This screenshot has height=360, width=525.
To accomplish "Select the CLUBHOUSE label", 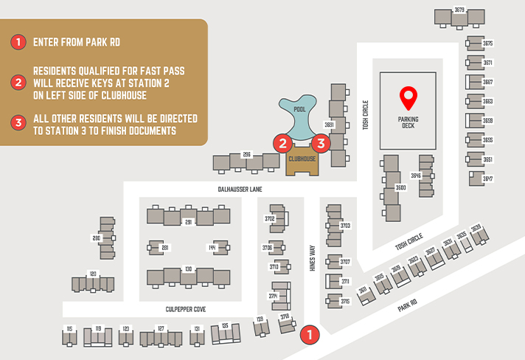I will (302, 159).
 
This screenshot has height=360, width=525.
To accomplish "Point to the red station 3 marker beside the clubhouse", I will (320, 143).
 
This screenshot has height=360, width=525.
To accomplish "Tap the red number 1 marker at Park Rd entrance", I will (310, 334).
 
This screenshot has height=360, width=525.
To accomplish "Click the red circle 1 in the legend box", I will (17, 42).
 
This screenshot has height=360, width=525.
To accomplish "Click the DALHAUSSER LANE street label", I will (240, 190).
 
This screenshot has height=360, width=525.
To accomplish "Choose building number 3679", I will (459, 10).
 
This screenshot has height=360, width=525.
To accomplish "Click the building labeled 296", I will (247, 155).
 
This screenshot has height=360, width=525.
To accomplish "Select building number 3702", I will (270, 219).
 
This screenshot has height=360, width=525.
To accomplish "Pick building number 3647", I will (487, 179).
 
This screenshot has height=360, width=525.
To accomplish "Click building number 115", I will (69, 329).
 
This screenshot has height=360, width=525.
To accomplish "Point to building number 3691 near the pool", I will (330, 125).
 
